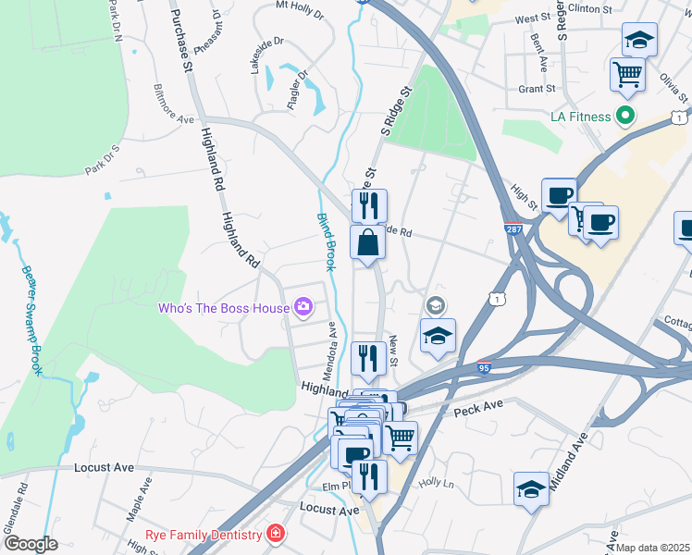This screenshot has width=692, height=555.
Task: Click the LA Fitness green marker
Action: click(x=625, y=117)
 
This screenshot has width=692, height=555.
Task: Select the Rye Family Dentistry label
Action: click(x=204, y=534)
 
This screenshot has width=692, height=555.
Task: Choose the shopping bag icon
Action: click(x=368, y=243)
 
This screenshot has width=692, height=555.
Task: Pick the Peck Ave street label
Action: click(x=479, y=406)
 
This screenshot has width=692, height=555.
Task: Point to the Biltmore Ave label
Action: click(x=173, y=120)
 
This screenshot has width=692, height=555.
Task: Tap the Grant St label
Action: click(x=536, y=89)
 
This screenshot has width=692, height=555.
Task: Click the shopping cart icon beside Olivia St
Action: click(x=628, y=74)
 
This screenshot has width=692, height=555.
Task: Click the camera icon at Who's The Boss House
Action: click(x=303, y=306)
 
